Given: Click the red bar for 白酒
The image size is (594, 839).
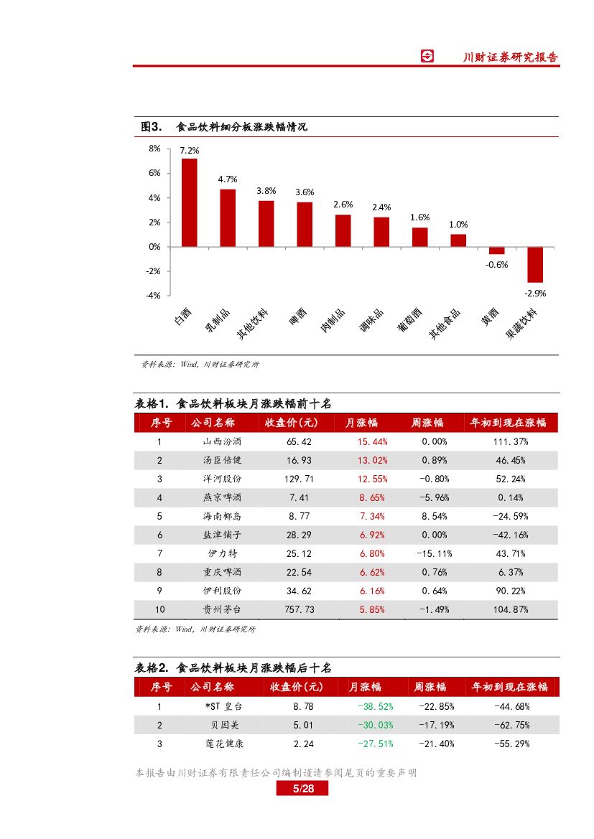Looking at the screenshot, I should pyautogui.click(x=189, y=202).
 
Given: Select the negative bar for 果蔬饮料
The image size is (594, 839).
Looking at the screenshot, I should pyautogui.click(x=535, y=264).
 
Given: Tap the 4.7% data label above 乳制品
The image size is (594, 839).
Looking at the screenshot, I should pyautogui.click(x=228, y=179).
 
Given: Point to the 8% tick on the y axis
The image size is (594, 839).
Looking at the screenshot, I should pyautogui.click(x=154, y=149).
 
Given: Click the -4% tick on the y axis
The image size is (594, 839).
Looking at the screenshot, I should pyautogui.click(x=153, y=296).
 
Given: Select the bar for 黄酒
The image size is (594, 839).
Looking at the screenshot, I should pyautogui.click(x=496, y=250).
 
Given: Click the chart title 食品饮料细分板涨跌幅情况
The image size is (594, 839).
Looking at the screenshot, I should pyautogui.click(x=241, y=127).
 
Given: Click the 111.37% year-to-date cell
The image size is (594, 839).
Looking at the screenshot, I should pyautogui.click(x=511, y=441).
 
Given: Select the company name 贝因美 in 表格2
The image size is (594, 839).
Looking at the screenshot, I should pyautogui.click(x=223, y=725).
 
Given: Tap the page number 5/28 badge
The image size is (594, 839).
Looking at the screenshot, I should pyautogui.click(x=302, y=789).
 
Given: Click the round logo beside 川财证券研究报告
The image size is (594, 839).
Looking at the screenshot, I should pyautogui.click(x=427, y=57).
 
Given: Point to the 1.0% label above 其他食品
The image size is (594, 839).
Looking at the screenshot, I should pyautogui.click(x=458, y=225).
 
